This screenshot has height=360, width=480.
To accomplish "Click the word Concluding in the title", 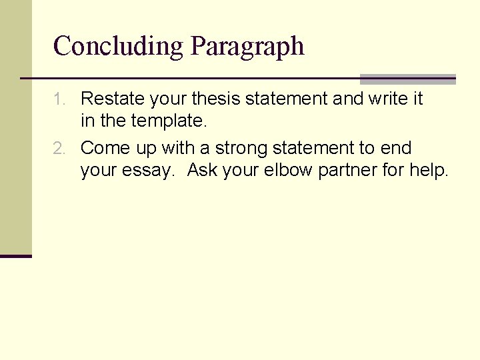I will pos(119,47).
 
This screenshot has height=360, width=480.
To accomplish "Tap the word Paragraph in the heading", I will pos(247,47).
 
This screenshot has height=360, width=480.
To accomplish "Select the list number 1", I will pos(60,99).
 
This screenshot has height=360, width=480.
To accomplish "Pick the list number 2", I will pos(60,148).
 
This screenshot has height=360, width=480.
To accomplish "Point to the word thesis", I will pos(216,99).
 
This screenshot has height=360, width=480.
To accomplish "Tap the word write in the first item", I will pos(387,99).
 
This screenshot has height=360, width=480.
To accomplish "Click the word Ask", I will pos(202,171).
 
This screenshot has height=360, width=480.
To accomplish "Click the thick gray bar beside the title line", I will pos(407,79).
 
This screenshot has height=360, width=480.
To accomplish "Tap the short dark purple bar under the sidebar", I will pos(16,256).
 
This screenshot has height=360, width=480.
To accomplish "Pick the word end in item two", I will pos(398,148).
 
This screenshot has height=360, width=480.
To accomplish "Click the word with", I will pos(178,148).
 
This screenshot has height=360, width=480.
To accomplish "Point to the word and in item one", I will pos(347,99).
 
